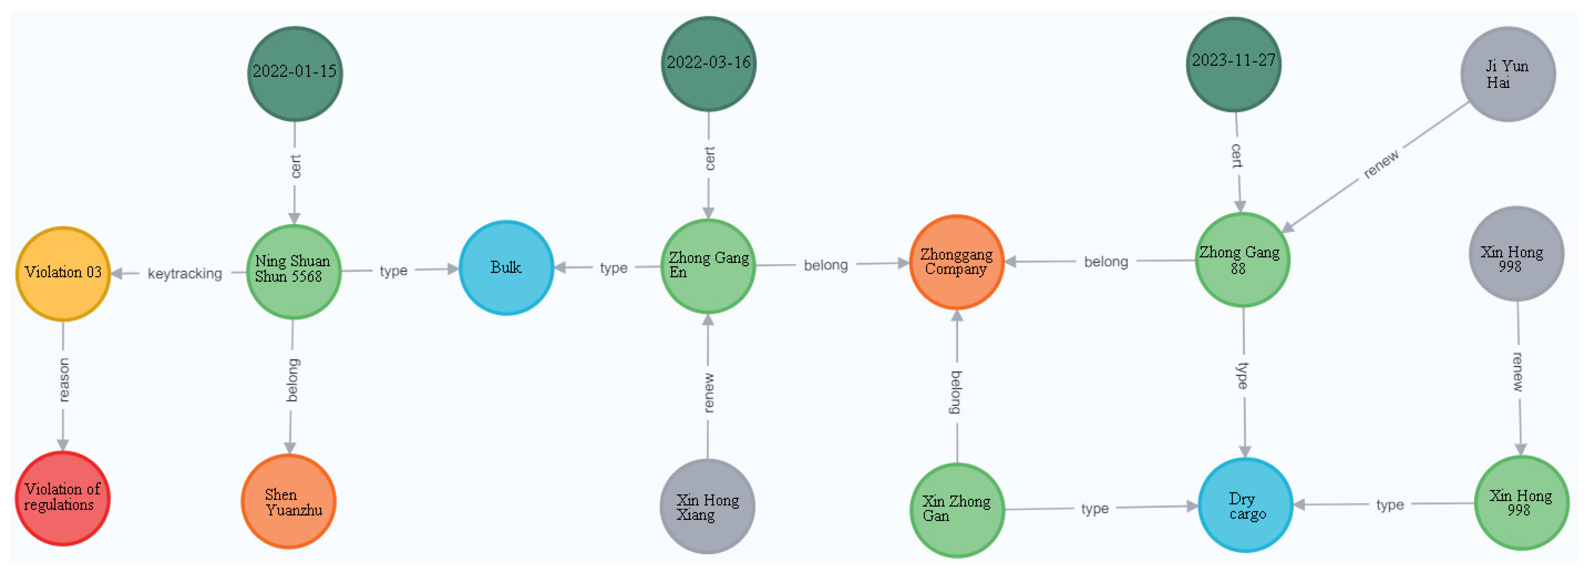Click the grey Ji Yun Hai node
1508,74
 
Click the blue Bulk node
506,268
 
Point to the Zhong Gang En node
708,266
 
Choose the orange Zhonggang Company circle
957,262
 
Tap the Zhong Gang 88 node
1242,260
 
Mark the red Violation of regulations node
63,498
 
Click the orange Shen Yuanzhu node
289,502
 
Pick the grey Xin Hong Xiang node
708,507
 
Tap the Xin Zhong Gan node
957,510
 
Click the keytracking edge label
185,274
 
